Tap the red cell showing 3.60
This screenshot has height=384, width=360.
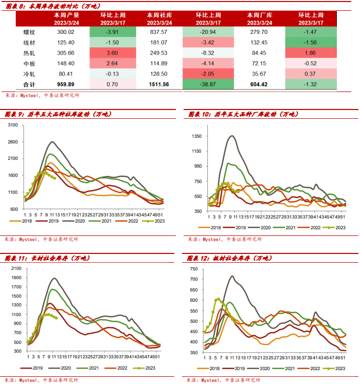pyautogui.click(x=113, y=53)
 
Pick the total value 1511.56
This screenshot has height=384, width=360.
pyautogui.click(x=158, y=84)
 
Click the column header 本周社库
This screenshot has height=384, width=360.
pyautogui.click(x=158, y=15)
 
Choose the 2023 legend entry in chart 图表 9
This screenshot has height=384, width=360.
pyautogui.click(x=158, y=221)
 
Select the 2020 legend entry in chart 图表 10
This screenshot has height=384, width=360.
pyautogui.click(x=266, y=227)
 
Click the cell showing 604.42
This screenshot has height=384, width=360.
pyautogui.click(x=257, y=84)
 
